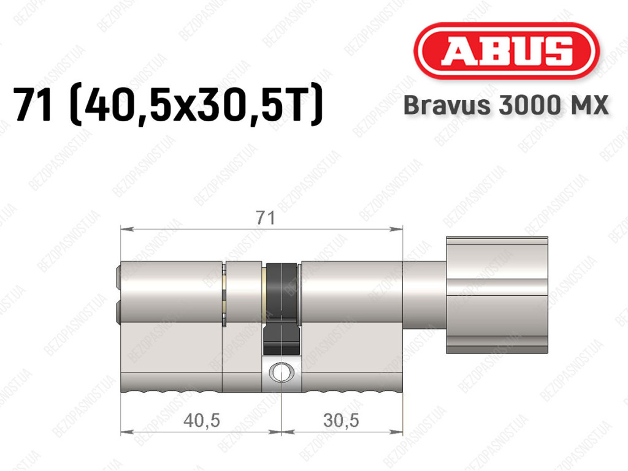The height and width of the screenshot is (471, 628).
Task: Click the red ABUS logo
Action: tap(506, 51)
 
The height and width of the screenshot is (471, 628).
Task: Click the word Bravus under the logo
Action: tap(447, 105)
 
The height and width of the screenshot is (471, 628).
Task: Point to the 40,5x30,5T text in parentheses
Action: tap(196, 104)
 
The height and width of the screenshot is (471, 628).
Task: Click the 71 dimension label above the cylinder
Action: tap(266, 218)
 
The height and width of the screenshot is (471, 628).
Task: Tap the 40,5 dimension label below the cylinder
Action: tap(201, 420)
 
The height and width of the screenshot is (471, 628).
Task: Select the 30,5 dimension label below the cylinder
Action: tap(341, 420)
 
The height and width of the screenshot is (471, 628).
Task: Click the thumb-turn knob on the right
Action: tap(497, 295)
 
